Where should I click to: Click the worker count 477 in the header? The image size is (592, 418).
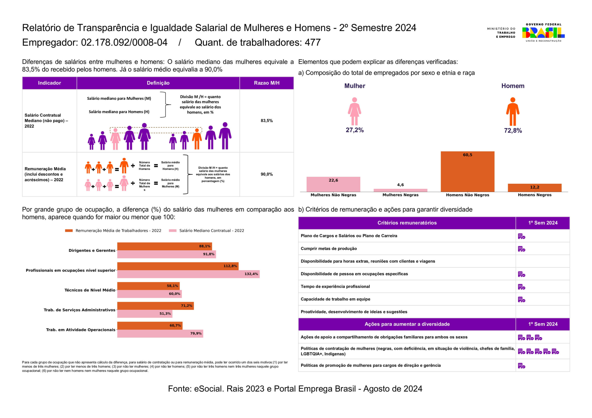pyautogui.click(x=312, y=43)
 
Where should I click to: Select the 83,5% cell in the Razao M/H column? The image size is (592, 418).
pyautogui.click(x=266, y=121)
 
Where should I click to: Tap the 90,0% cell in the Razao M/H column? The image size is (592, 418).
pyautogui.click(x=266, y=174)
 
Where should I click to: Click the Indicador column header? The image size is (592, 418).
pyautogui.click(x=49, y=83)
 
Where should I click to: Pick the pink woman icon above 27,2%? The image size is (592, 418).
pyautogui.click(x=354, y=111)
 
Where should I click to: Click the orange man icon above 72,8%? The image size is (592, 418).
pyautogui.click(x=513, y=112)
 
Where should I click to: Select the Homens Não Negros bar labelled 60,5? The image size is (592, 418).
pyautogui.click(x=467, y=171)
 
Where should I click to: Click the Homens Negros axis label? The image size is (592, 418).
pyautogui.click(x=534, y=195)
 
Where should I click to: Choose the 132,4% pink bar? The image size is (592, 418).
pyautogui.click(x=188, y=274)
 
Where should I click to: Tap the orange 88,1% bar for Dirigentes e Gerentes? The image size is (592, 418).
pyautogui.click(x=164, y=246)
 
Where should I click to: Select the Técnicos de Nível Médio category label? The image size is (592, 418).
pyautogui.click(x=90, y=290)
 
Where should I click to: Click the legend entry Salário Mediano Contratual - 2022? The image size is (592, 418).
pyautogui.click(x=211, y=231)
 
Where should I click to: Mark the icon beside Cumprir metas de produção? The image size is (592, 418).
pyautogui.click(x=521, y=249)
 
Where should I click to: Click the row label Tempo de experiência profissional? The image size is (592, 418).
pyautogui.click(x=335, y=287)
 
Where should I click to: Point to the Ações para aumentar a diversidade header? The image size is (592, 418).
pyautogui.click(x=407, y=324)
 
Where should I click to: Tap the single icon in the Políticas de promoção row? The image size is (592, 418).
pyautogui.click(x=521, y=366)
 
